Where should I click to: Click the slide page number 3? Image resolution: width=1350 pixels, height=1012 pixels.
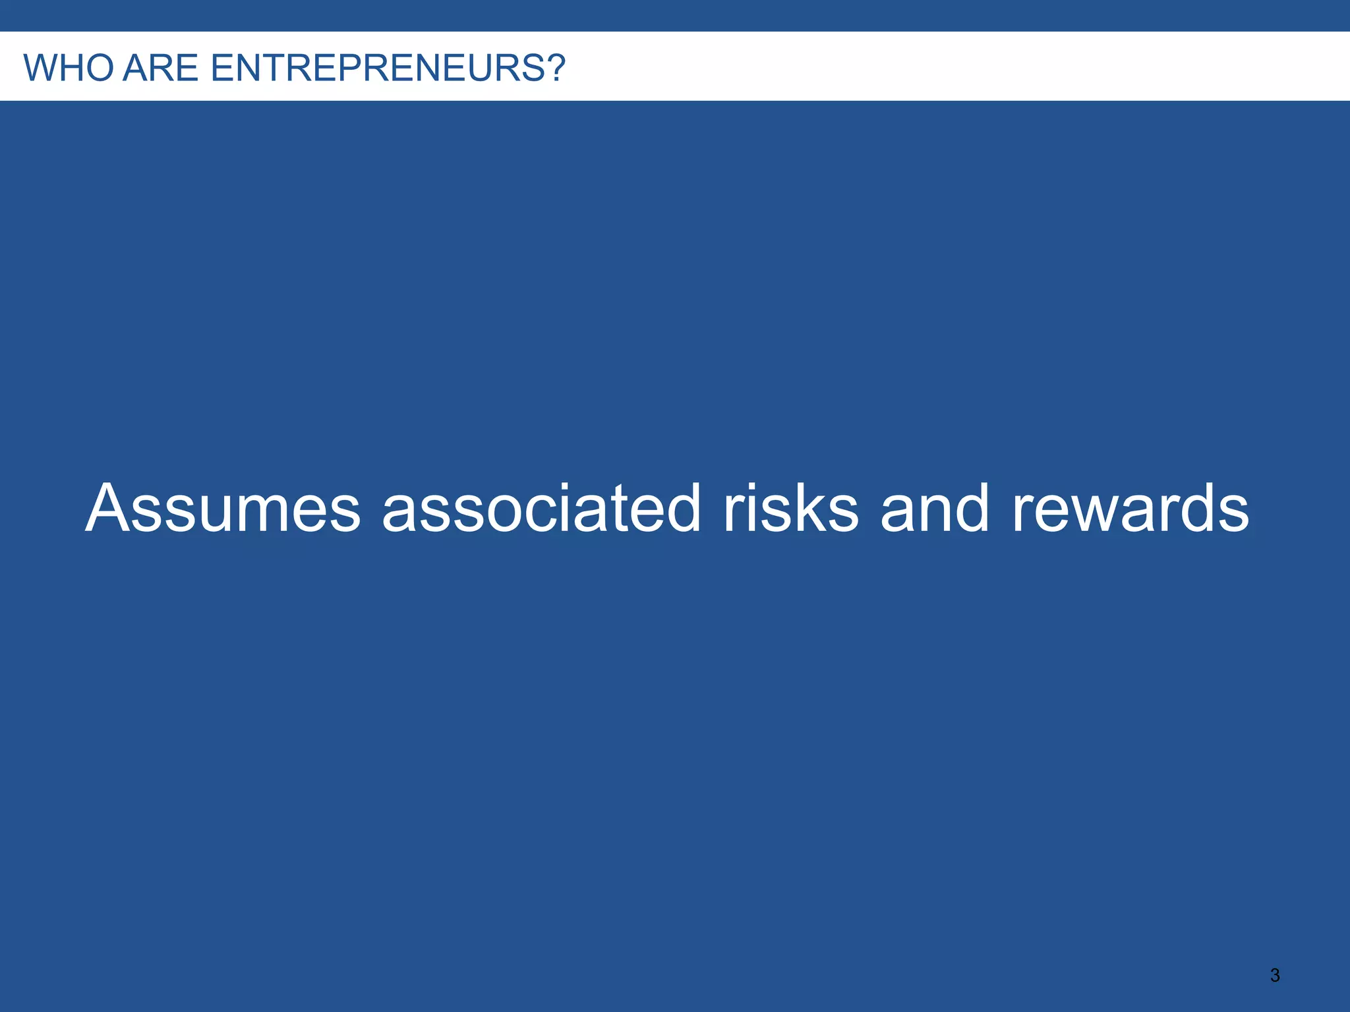[x=1275, y=975]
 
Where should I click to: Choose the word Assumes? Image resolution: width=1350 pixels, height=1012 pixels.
[x=223, y=509]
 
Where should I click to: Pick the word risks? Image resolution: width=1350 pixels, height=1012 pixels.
[x=791, y=509]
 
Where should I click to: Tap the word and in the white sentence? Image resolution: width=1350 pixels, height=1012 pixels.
[x=935, y=509]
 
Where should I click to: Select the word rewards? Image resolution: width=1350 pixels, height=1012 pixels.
[x=1130, y=509]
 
